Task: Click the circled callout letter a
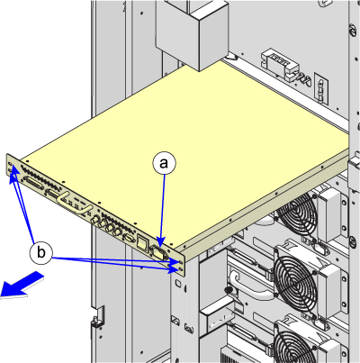(164, 164)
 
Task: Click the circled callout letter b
(41, 252)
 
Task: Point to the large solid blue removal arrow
(22, 286)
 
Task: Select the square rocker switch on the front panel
(141, 242)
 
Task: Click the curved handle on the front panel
(75, 204)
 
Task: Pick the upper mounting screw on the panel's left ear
(11, 164)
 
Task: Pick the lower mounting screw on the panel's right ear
(181, 268)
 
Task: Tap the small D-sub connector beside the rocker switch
(129, 238)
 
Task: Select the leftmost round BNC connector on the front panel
(97, 220)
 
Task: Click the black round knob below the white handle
(229, 290)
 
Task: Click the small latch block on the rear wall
(281, 66)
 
